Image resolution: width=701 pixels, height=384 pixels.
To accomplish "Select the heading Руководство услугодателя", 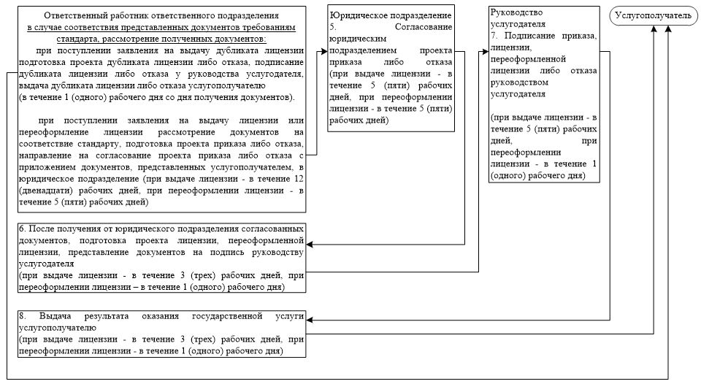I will point(519,18).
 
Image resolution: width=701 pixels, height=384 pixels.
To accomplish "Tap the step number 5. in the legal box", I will point(333,26).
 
